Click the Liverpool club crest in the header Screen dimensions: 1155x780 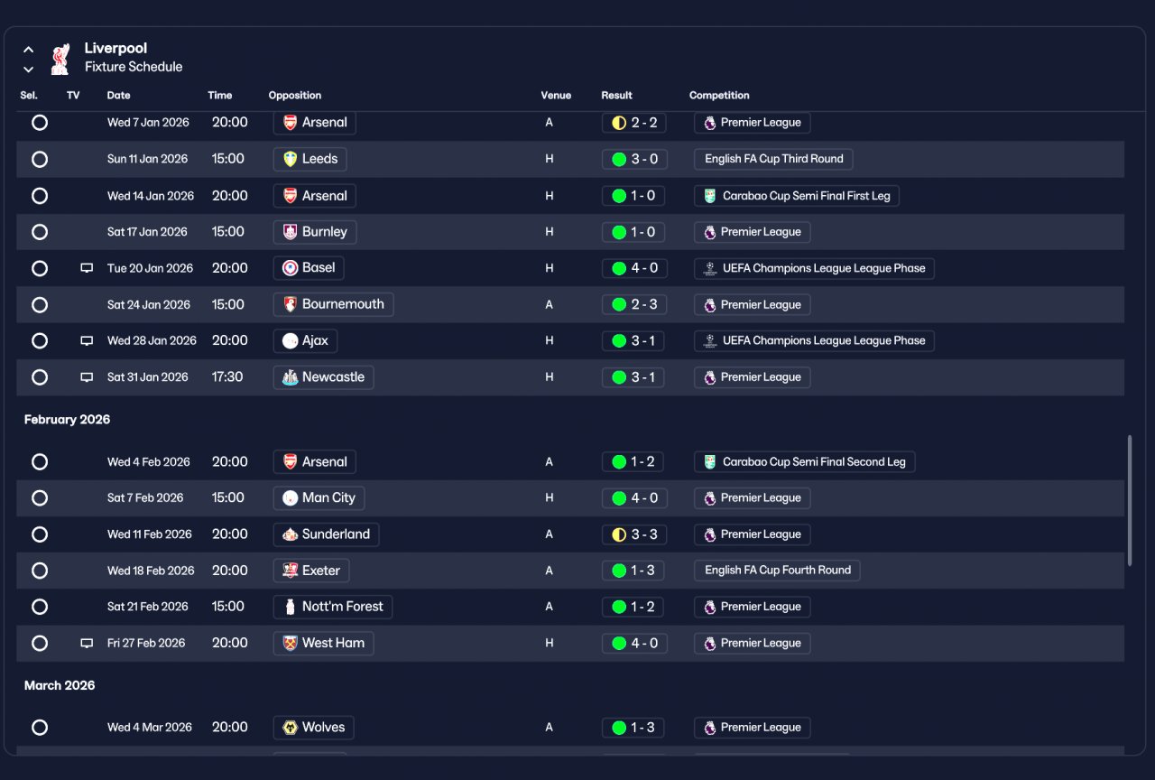pos(60,59)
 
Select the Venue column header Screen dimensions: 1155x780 pos(556,96)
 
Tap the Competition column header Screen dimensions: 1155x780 pos(719,96)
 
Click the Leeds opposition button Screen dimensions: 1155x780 pos(310,159)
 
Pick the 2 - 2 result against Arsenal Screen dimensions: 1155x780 pos(633,123)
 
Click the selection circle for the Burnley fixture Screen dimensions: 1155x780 pos(40,232)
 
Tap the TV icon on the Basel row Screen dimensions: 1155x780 pos(87,268)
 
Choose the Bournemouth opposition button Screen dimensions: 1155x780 pos(333,304)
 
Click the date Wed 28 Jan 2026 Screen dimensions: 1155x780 pos(152,340)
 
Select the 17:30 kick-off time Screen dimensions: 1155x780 pos(226,377)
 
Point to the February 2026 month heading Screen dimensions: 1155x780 pos(67,420)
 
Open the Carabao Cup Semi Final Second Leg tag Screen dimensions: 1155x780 pos(804,461)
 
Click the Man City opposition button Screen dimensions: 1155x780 pos(319,497)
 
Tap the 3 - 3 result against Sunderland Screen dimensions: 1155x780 pos(633,534)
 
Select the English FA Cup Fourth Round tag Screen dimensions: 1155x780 pos(777,570)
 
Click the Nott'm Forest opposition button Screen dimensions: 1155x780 pos(333,607)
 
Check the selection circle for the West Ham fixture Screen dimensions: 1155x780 pos(40,644)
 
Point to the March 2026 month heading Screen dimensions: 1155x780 pos(60,685)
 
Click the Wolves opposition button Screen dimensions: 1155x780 pos(313,728)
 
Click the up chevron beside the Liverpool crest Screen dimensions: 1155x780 pos(28,50)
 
